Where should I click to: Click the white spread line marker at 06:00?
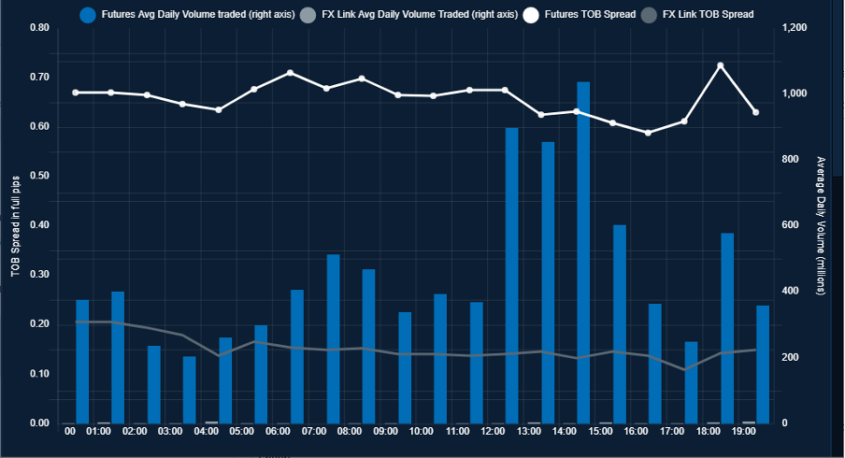click(x=290, y=73)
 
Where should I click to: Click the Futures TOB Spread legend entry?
click(x=577, y=14)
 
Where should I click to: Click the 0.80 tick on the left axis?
click(x=39, y=28)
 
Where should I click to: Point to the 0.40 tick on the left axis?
click(x=39, y=225)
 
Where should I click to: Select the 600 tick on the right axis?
click(x=790, y=225)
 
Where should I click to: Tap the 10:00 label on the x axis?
click(x=421, y=432)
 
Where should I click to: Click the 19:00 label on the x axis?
click(x=744, y=432)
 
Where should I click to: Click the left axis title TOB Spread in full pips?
click(x=15, y=225)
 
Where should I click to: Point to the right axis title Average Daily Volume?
click(x=820, y=225)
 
